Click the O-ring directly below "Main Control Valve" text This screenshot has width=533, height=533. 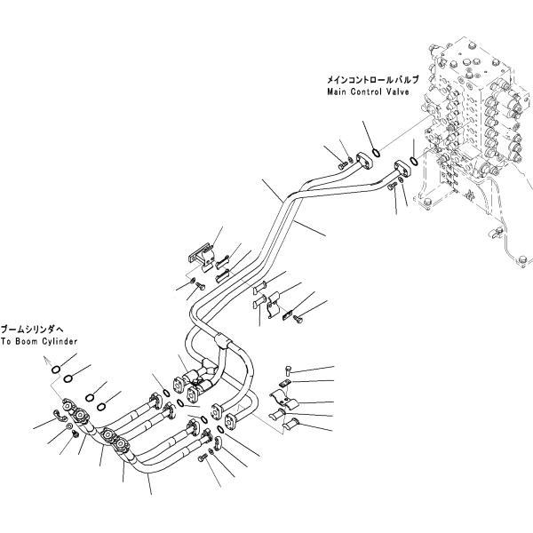(x=377, y=152)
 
